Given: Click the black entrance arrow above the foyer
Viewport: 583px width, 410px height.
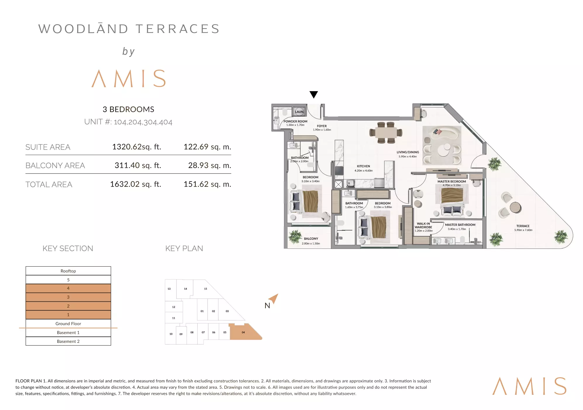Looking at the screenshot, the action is pyautogui.click(x=314, y=94).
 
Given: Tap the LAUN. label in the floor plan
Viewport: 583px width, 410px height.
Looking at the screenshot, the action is pyautogui.click(x=299, y=112).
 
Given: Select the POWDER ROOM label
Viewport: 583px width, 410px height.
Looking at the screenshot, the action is pyautogui.click(x=295, y=121).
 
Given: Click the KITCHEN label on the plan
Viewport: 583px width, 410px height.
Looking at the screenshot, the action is pyautogui.click(x=363, y=166).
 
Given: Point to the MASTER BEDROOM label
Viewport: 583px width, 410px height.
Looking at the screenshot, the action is pyautogui.click(x=452, y=181).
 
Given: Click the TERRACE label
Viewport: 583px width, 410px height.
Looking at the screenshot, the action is pyautogui.click(x=523, y=226).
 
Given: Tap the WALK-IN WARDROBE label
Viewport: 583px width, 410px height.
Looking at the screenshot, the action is pyautogui.click(x=423, y=225).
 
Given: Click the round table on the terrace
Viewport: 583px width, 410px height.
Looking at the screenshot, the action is pyautogui.click(x=515, y=207).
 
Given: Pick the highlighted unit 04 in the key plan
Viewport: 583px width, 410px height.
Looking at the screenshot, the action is pyautogui.click(x=244, y=332).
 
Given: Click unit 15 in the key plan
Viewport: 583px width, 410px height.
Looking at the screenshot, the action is pyautogui.click(x=206, y=289).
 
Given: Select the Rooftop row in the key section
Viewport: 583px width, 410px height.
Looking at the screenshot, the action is pyautogui.click(x=68, y=271).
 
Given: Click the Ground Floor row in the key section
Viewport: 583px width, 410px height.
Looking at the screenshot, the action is pyautogui.click(x=68, y=324).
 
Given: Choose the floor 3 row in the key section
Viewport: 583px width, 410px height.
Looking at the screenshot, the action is pyautogui.click(x=68, y=297).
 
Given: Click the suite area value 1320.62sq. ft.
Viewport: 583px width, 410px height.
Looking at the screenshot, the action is pyautogui.click(x=137, y=147).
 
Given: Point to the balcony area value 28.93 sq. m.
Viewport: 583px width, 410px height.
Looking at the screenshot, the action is pyautogui.click(x=210, y=165).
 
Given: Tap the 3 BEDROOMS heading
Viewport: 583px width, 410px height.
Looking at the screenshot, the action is pyautogui.click(x=128, y=109).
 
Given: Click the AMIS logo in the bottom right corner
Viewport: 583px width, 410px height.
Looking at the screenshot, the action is pyautogui.click(x=529, y=386).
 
